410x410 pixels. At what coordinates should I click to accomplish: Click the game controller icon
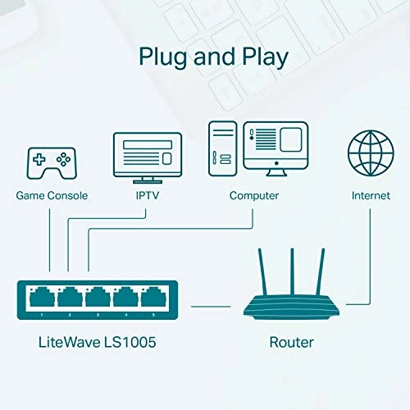(50, 162)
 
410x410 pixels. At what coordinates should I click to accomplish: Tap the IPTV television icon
(146, 155)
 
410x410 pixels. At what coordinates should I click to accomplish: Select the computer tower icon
(222, 149)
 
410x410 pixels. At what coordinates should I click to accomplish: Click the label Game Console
(51, 196)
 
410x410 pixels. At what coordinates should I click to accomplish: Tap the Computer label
(253, 196)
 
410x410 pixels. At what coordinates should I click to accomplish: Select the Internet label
(371, 196)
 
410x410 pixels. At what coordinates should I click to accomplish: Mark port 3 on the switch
(98, 297)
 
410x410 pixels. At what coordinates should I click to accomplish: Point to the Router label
(292, 340)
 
